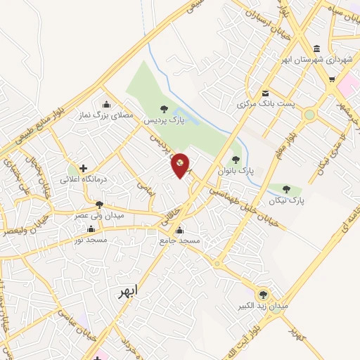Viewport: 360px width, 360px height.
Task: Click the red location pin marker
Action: tap(181, 165)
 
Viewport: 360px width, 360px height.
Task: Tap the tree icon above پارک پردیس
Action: tap(164, 109)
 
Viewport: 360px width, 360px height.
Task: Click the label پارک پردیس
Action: tap(163, 120)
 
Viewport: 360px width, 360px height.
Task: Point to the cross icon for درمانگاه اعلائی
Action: tap(84, 168)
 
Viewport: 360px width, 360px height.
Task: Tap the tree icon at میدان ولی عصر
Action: tap(99, 205)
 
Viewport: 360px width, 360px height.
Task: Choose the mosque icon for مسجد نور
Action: tap(91, 229)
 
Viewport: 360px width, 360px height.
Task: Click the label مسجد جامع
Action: tap(180, 240)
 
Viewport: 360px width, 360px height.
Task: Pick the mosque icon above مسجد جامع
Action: tap(180, 230)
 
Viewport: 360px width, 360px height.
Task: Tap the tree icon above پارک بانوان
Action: tap(236, 160)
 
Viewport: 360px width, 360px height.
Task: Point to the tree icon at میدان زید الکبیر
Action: tap(264, 295)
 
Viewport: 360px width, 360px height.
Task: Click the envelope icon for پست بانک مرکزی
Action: tap(265, 94)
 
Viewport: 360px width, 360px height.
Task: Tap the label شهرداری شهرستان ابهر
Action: tap(316, 59)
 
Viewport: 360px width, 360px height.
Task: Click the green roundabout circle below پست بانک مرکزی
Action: tap(309, 114)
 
